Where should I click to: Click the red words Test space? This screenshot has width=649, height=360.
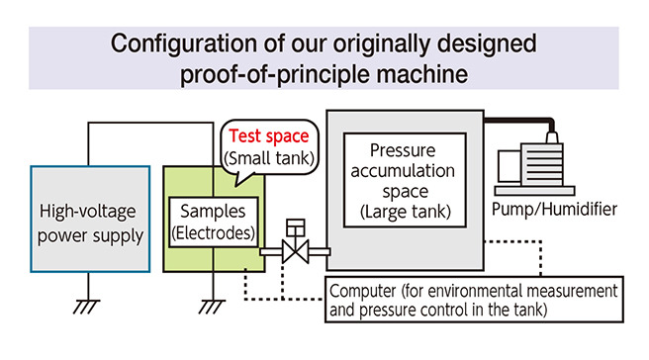click(268, 137)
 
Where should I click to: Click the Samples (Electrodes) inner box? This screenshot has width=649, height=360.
click(212, 221)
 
